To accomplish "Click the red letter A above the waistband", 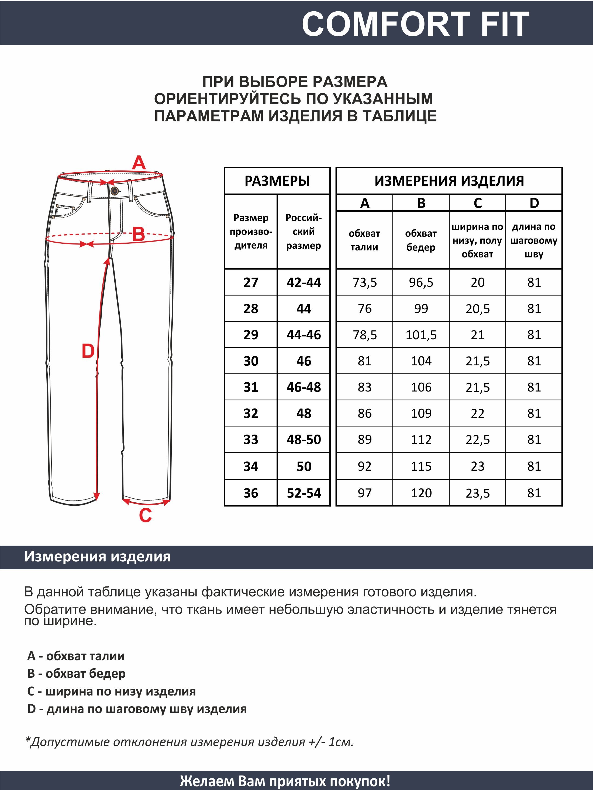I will tap(139, 163).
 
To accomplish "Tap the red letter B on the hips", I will tap(139, 235).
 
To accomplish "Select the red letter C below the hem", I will tap(146, 515).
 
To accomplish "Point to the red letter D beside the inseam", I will tap(88, 351).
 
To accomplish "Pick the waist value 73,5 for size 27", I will tap(365, 282).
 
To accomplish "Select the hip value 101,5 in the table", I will tap(421, 335).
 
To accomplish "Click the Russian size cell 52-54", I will tap(304, 493).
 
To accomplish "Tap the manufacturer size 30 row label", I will tap(251, 361).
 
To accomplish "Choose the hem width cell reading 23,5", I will tap(478, 493).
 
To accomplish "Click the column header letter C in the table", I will tap(478, 203).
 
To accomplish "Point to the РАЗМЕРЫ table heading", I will tap(277, 181).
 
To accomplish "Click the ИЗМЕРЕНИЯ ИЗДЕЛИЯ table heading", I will tap(449, 181).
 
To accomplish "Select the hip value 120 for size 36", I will tap(421, 493).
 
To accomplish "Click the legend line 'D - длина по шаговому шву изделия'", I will tap(137, 709).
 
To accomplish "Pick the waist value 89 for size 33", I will tap(365, 440).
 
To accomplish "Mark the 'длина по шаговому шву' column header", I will tap(534, 240).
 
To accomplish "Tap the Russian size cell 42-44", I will tap(304, 282).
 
